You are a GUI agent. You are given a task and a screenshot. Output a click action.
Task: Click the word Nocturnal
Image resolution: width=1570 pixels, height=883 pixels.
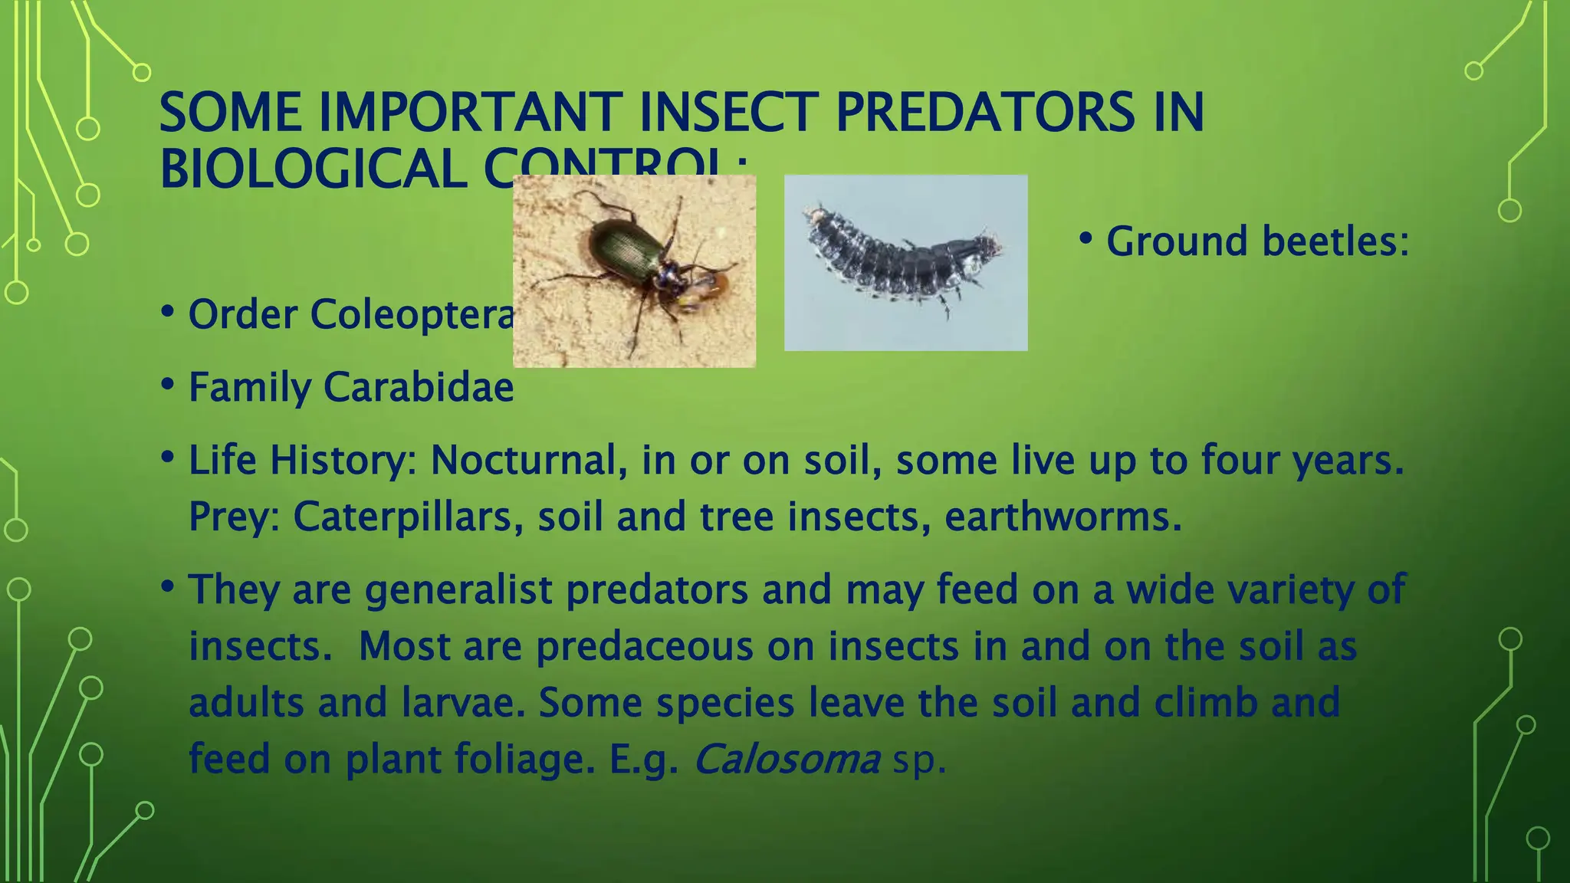pos(523,460)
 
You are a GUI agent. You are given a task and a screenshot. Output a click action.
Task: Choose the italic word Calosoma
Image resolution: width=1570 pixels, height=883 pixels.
pos(787,759)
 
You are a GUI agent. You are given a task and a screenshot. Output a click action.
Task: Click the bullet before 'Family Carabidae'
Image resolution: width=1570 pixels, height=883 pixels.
pos(168,384)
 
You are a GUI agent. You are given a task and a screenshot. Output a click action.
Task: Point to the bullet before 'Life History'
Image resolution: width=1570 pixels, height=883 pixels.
pos(168,458)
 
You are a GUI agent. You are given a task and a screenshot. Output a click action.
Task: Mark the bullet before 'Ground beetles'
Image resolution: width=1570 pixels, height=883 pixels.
pos(1085,238)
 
